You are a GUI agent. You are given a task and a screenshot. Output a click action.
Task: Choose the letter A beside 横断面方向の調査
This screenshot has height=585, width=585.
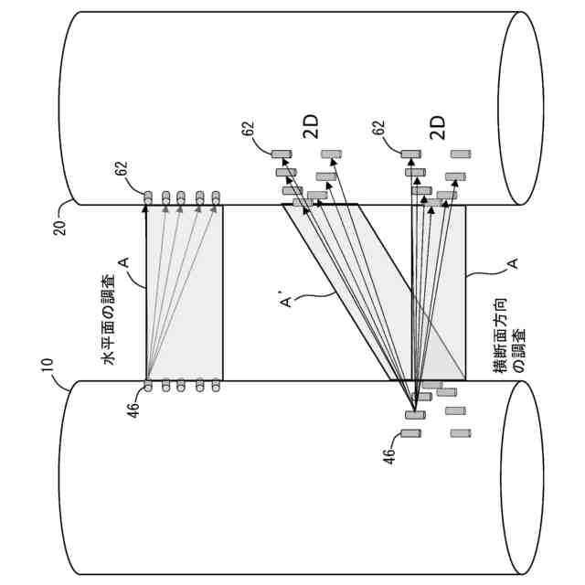click(513, 263)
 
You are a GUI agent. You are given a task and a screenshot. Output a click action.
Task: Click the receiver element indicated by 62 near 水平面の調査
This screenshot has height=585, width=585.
click(147, 195)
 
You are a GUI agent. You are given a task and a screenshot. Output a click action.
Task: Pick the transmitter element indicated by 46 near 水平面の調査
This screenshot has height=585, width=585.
click(147, 386)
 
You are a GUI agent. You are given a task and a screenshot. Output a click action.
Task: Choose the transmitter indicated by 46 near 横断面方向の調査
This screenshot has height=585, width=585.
click(415, 416)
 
